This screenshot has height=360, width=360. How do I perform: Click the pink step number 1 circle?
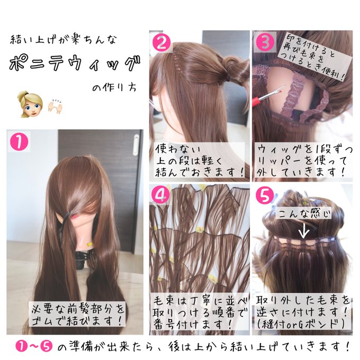20,141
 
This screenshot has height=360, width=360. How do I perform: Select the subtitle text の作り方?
111,88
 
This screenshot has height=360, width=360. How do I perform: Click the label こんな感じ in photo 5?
303,214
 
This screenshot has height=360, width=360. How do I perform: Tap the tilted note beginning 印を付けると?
314,56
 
